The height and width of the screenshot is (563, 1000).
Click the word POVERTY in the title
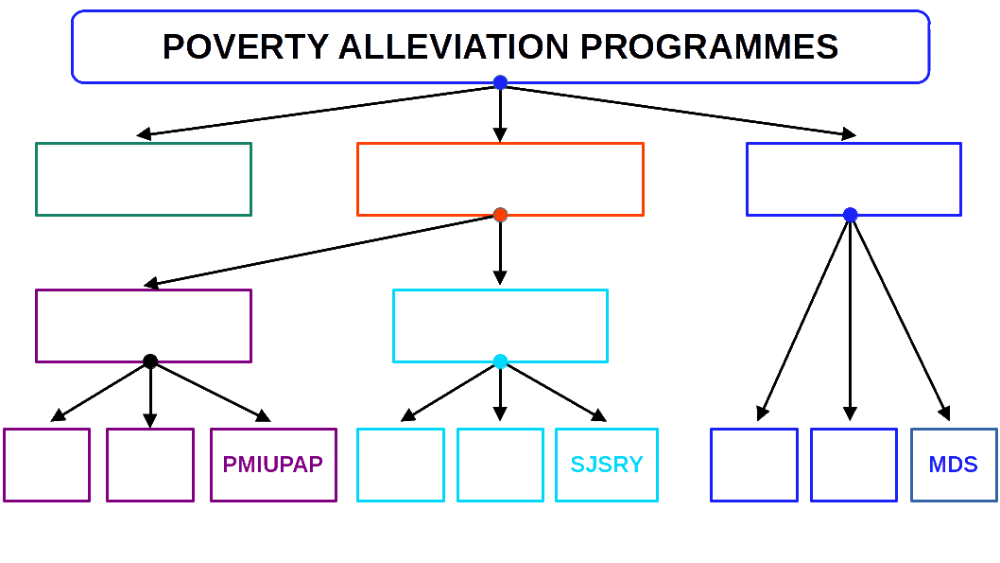pyautogui.click(x=246, y=46)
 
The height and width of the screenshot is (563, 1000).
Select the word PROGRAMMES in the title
pyautogui.click(x=709, y=46)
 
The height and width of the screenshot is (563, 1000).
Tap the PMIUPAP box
pyautogui.click(x=273, y=465)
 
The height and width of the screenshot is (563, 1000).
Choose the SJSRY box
pyautogui.click(x=607, y=465)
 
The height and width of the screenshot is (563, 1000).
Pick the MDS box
pyautogui.click(x=954, y=465)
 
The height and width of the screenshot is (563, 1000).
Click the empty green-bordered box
pyautogui.click(x=144, y=180)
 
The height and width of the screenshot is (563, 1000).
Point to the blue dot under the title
pyautogui.click(x=500, y=82)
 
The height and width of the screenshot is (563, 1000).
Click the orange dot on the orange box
pyautogui.click(x=500, y=216)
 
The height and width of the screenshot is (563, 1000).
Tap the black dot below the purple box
pyautogui.click(x=150, y=361)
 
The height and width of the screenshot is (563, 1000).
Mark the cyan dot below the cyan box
pyautogui.click(x=500, y=361)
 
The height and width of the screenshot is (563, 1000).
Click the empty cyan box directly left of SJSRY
pyautogui.click(x=500, y=465)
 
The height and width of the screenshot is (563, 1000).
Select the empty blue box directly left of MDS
pyautogui.click(x=853, y=465)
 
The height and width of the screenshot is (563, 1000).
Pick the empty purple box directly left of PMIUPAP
pyautogui.click(x=150, y=465)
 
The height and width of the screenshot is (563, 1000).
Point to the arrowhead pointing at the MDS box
pyautogui.click(x=944, y=413)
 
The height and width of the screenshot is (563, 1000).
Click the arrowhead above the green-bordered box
pyautogui.click(x=145, y=134)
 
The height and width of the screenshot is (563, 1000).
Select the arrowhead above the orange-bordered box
pyautogui.click(x=500, y=135)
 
